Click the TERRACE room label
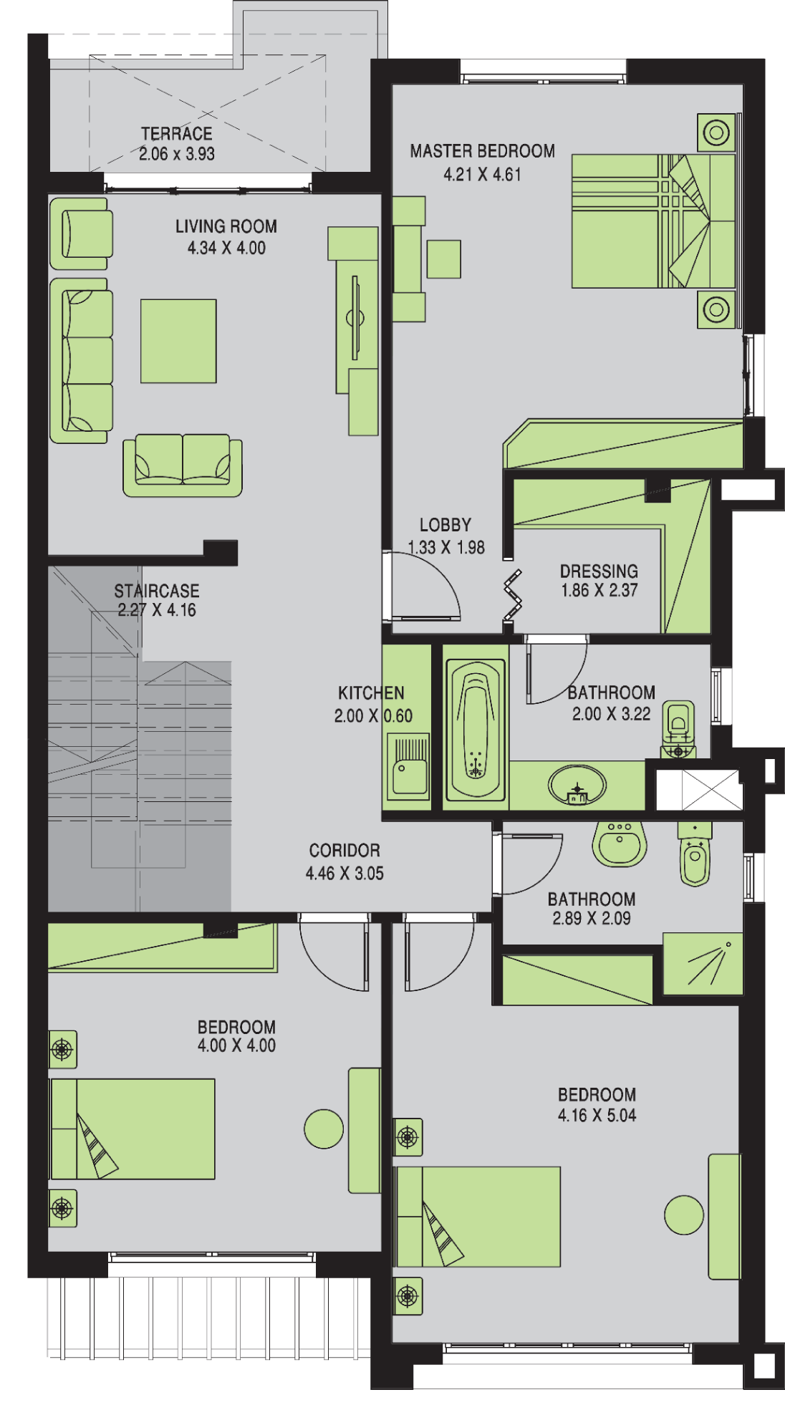click(x=176, y=134)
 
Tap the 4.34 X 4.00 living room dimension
click(x=226, y=248)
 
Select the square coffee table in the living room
click(x=178, y=341)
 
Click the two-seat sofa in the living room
click(x=183, y=465)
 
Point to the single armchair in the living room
click(x=81, y=233)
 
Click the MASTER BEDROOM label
click(x=482, y=151)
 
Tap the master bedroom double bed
click(x=653, y=221)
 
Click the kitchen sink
click(x=408, y=766)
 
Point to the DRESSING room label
click(x=599, y=571)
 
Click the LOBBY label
click(x=445, y=525)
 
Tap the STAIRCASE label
click(x=157, y=591)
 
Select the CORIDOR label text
click(x=345, y=851)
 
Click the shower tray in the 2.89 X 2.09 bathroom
click(x=703, y=963)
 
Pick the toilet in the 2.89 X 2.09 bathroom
click(x=695, y=854)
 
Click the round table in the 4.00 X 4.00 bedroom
click(x=324, y=1129)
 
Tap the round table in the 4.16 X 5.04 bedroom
click(x=684, y=1215)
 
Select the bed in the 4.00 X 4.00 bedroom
click(x=133, y=1129)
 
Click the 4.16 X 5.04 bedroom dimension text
click(x=597, y=1115)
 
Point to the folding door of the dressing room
click(x=513, y=594)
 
